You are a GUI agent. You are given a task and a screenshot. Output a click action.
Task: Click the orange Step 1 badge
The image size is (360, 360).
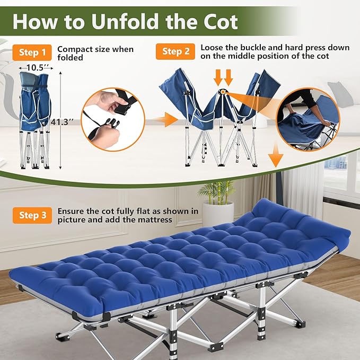pos(32,52)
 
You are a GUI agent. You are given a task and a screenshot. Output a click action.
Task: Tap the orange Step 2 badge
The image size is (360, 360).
pos(175,51)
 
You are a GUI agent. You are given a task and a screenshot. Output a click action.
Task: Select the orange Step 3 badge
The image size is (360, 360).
pos(32,215)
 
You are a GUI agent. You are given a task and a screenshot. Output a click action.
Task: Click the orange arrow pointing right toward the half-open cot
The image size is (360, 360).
pos(165,120)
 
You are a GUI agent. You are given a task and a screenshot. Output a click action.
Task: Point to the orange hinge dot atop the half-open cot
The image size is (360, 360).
pos(223,92)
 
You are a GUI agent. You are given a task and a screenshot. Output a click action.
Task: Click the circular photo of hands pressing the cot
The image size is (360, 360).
pos(308,119)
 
